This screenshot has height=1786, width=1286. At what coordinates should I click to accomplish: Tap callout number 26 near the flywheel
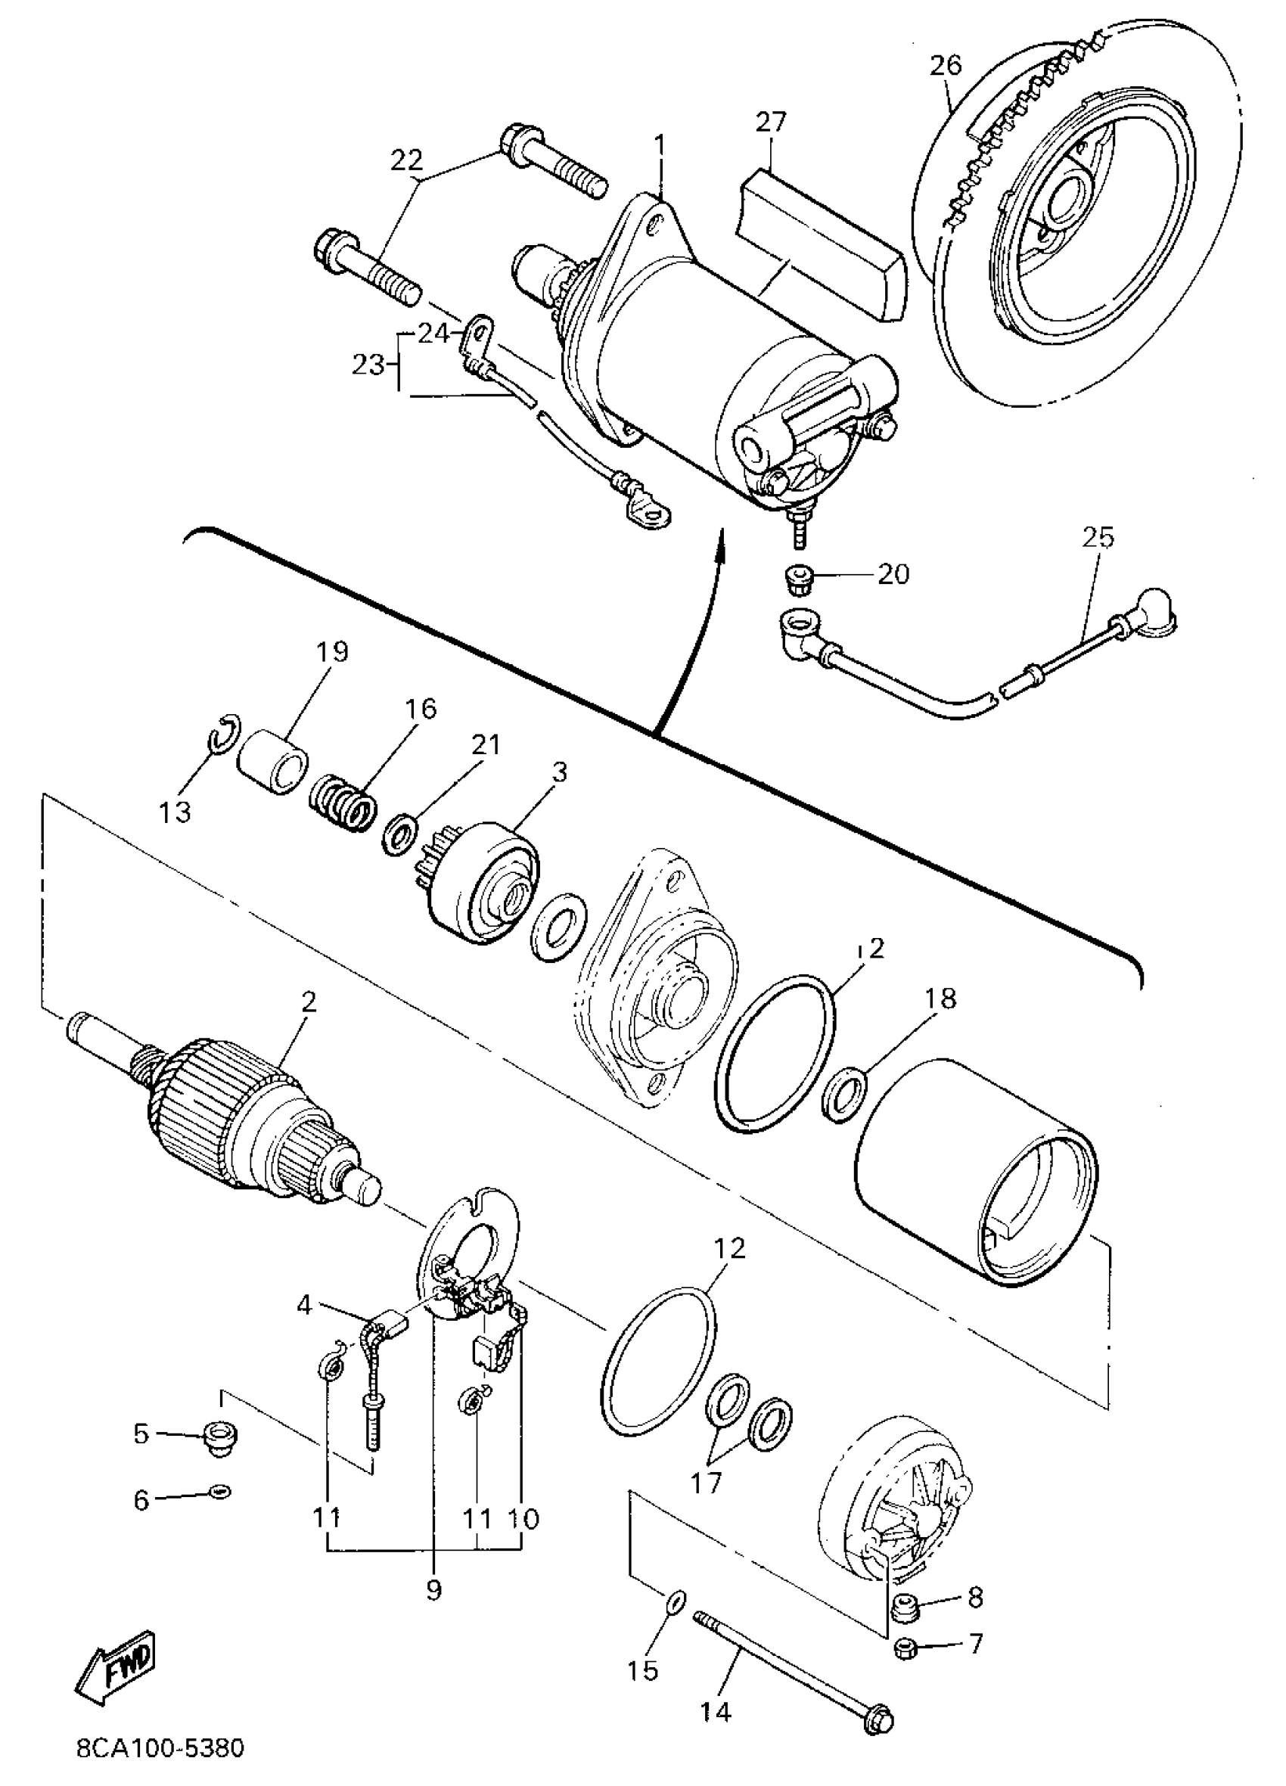[x=945, y=65]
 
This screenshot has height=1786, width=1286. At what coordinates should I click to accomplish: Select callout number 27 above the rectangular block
[x=771, y=122]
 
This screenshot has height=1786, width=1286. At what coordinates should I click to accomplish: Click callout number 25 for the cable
[x=1098, y=538]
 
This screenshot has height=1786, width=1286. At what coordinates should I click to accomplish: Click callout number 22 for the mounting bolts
[x=406, y=160]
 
